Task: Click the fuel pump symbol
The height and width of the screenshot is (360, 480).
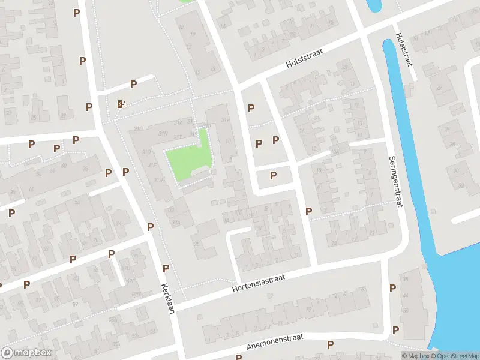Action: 121,104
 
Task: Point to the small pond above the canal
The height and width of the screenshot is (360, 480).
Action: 373,5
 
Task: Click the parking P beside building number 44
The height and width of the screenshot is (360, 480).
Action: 392,288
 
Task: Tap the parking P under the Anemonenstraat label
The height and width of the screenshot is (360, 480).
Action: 330,344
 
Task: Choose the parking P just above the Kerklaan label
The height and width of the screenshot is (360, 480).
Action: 166,268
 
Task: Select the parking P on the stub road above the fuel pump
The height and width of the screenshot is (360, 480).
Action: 133,85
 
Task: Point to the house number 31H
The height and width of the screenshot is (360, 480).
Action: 158,180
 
